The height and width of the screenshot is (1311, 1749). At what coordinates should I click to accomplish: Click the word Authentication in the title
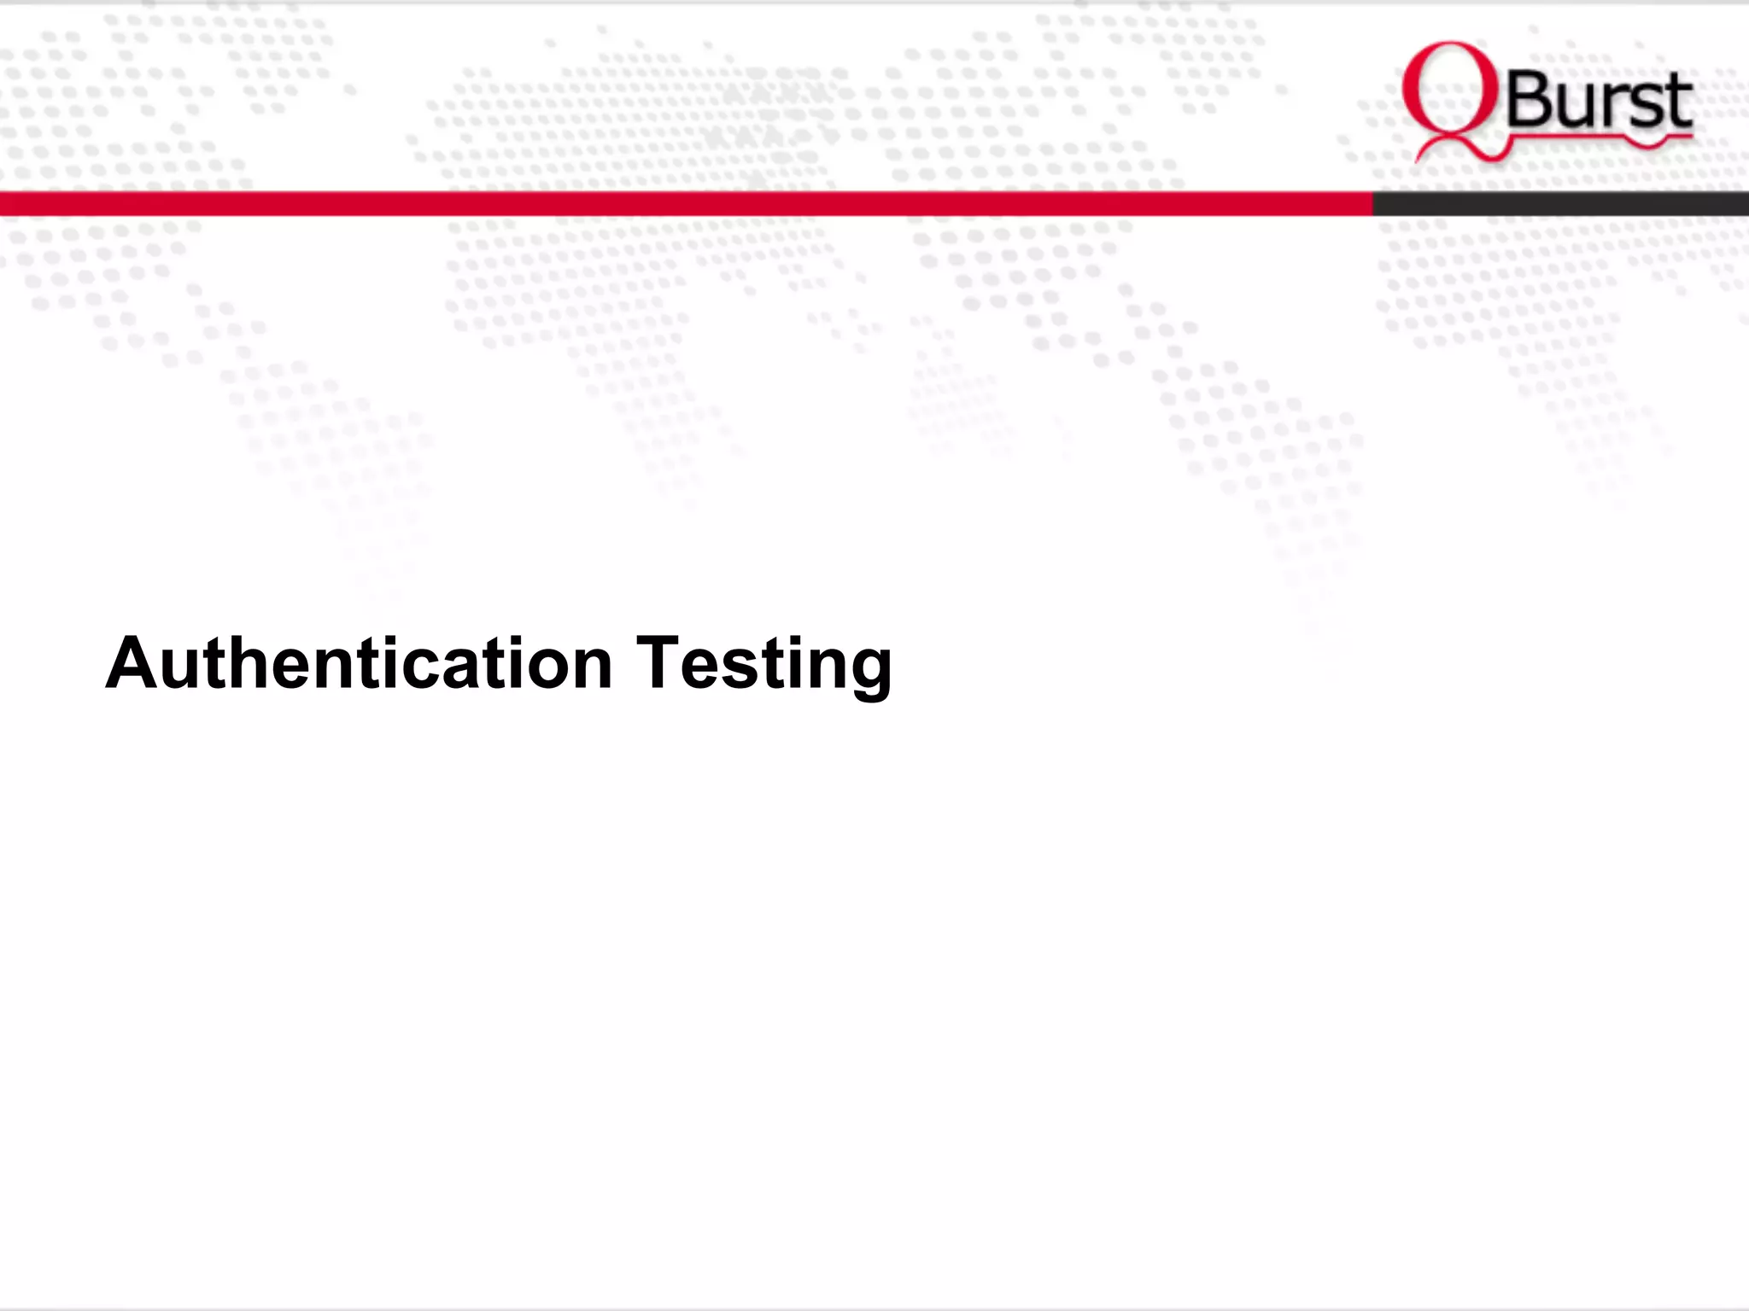[x=359, y=664]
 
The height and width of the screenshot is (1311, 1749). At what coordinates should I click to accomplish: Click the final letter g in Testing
[x=869, y=671]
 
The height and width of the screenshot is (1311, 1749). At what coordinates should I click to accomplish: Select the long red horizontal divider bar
[x=683, y=203]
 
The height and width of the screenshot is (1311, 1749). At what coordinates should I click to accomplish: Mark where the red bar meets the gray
[x=1372, y=203]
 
